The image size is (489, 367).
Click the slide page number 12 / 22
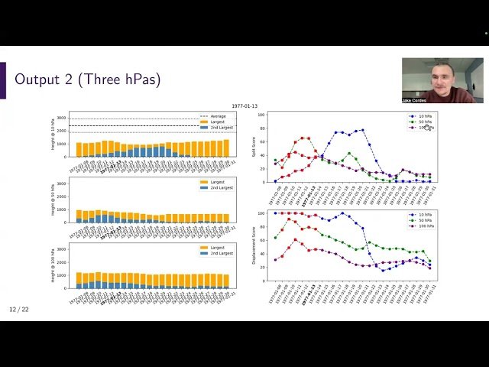pos(18,310)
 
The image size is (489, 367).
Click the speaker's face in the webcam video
pos(442,77)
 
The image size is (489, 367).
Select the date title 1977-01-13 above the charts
pos(244,106)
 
